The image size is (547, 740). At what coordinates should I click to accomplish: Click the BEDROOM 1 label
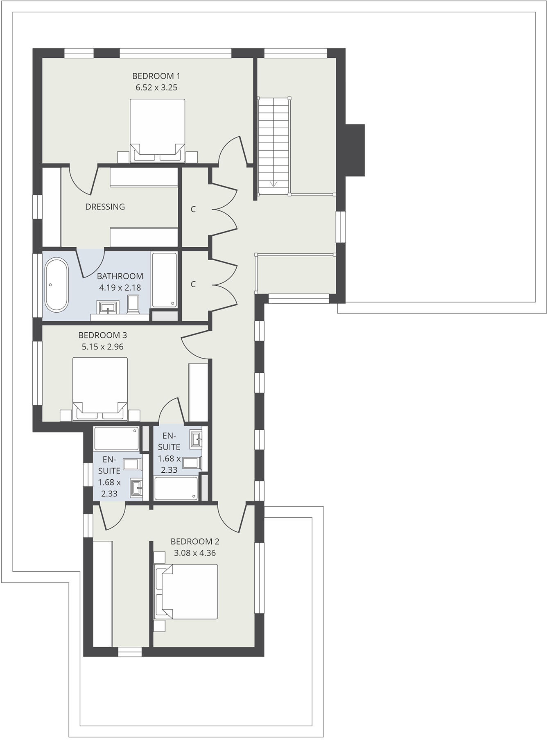tap(156, 76)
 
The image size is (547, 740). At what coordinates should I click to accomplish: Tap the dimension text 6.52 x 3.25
tap(156, 87)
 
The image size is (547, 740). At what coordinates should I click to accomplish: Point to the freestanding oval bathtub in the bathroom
tap(56, 284)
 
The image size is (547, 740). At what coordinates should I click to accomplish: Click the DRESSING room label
tap(105, 207)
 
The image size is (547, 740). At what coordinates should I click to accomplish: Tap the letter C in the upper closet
tap(193, 209)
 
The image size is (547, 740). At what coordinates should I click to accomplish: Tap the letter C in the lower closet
tap(193, 284)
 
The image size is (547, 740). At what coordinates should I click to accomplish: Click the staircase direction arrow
tap(273, 184)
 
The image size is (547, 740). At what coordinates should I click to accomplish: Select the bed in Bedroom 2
tap(186, 591)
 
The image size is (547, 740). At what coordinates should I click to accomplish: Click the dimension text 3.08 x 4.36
tap(195, 553)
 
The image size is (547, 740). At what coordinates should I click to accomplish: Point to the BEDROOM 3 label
tap(102, 335)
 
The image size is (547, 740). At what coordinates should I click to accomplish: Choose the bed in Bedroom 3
tap(100, 388)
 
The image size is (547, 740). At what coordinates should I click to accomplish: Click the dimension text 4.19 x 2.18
tap(120, 288)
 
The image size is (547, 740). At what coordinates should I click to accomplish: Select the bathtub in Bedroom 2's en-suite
tap(117, 438)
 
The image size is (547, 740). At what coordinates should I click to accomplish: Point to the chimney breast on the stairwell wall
tap(355, 150)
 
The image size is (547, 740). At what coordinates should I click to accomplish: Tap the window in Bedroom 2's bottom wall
tap(130, 652)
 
